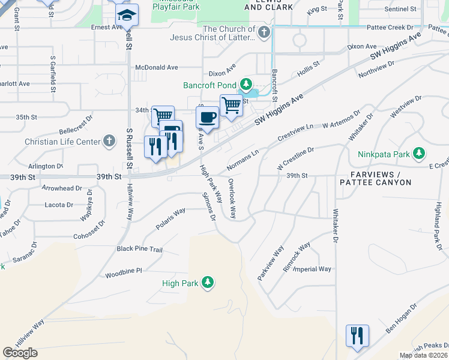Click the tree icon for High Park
pyautogui.click(x=208, y=282)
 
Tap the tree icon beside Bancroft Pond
pyautogui.click(x=245, y=85)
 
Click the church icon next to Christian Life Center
pyautogui.click(x=108, y=142)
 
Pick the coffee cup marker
pyautogui.click(x=208, y=117)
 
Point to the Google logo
pyautogui.click(x=20, y=353)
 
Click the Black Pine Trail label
pyautogui.click(x=140, y=249)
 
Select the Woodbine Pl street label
pyautogui.click(x=124, y=271)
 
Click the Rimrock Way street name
pyautogui.click(x=297, y=250)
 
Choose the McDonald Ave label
pyautogui.click(x=157, y=68)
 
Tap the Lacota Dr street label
pyautogui.click(x=59, y=205)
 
